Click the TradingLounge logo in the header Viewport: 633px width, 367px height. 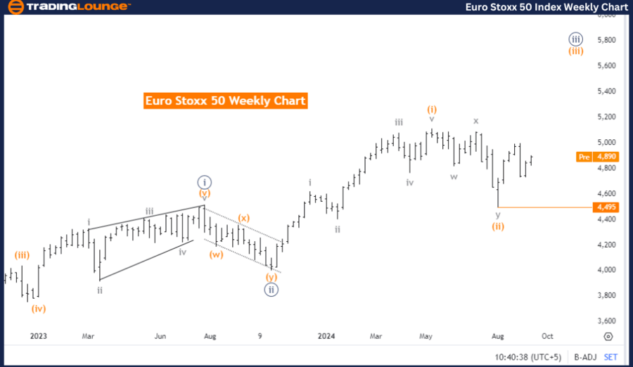click(x=68, y=7)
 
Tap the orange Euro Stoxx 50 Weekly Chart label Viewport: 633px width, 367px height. click(x=225, y=101)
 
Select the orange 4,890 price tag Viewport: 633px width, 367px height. click(x=606, y=157)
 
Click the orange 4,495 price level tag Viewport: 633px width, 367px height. click(x=606, y=207)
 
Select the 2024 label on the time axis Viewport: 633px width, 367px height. click(x=326, y=336)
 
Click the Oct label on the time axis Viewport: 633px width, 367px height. click(x=546, y=336)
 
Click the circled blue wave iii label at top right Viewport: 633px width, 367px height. click(x=575, y=39)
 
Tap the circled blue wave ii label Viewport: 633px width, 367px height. click(x=272, y=288)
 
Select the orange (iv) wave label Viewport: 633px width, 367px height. click(x=38, y=307)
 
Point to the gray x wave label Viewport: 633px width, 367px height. click(x=476, y=120)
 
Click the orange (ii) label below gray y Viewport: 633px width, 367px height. click(x=498, y=226)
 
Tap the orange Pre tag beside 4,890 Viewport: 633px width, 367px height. click(x=583, y=157)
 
